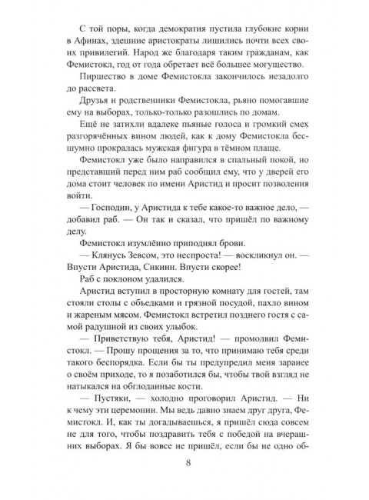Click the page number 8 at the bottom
[x=188, y=482]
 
